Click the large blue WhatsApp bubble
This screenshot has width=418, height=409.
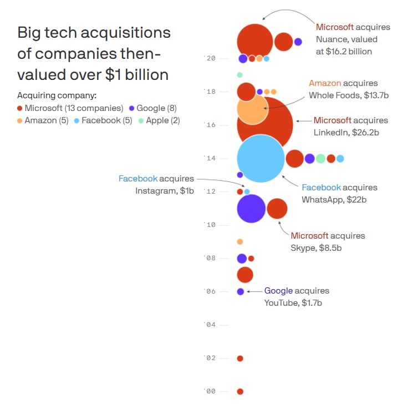pyautogui.click(x=261, y=158)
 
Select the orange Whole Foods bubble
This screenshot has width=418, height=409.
pyautogui.click(x=252, y=109)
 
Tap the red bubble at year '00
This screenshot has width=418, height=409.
pyautogui.click(x=240, y=391)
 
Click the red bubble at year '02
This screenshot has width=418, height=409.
pyautogui.click(x=240, y=358)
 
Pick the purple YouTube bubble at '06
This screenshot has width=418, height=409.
pyautogui.click(x=240, y=291)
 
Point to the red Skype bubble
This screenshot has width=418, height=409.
pyautogui.click(x=277, y=209)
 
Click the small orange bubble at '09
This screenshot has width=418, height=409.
pyautogui.click(x=240, y=241)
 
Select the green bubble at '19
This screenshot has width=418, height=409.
pyautogui.click(x=239, y=75)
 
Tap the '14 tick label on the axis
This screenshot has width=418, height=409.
pyautogui.click(x=210, y=159)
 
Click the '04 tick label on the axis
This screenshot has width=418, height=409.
pyautogui.click(x=210, y=325)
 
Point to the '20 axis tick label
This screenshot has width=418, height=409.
pyautogui.click(x=210, y=58)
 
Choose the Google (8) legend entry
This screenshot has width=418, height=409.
pyautogui.click(x=152, y=108)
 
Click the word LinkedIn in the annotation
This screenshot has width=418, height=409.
pyautogui.click(x=330, y=133)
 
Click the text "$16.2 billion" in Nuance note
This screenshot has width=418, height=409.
pyautogui.click(x=348, y=51)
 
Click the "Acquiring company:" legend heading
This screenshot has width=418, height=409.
pyautogui.click(x=57, y=95)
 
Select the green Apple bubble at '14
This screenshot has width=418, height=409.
pyautogui.click(x=320, y=159)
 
